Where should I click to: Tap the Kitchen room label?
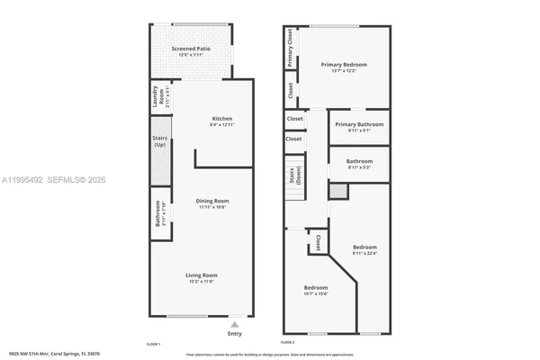222,121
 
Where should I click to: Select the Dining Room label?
213,202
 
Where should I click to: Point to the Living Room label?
202,277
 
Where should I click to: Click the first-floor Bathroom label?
158,219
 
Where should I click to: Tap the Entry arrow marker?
234,323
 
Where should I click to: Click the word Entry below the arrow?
234,334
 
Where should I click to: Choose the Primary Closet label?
291,48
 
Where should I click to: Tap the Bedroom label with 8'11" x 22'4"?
364,249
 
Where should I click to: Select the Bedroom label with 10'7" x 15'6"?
316,291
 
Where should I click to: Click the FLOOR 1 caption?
153,344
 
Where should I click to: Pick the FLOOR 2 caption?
288,344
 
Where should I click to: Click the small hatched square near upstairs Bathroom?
337,191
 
